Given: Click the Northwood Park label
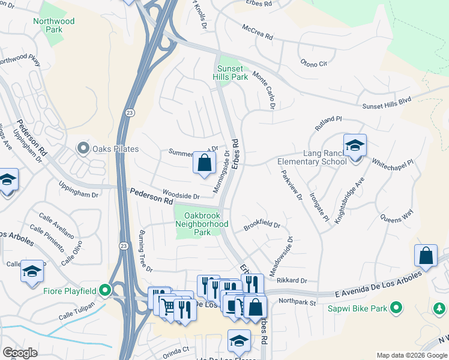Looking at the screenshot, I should click(x=54, y=25).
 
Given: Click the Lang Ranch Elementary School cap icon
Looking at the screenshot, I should click(x=355, y=145).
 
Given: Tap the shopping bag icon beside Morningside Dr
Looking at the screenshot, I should click(x=204, y=162).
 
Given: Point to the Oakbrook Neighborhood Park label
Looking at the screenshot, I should click(x=202, y=224).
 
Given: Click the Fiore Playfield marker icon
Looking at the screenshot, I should click(x=105, y=291).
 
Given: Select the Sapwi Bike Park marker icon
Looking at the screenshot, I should click(x=395, y=308).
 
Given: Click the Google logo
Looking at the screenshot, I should click(x=20, y=353).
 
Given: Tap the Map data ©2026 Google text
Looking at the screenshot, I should click(x=411, y=355).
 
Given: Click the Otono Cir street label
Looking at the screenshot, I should click(x=313, y=62).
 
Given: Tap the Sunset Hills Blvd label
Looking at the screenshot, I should click(x=387, y=104).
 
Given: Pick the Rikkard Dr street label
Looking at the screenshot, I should click(x=292, y=280).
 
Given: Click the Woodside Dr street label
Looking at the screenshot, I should click(x=182, y=196).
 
